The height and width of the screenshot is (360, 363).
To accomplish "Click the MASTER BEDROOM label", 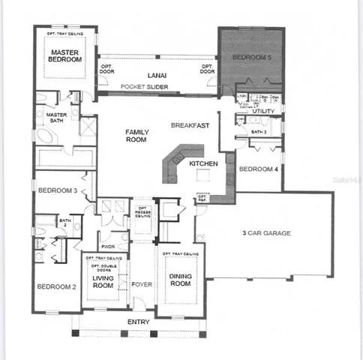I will [66, 55].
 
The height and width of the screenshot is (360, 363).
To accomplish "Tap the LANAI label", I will [156, 75].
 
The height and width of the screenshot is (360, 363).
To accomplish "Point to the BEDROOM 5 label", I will [249, 57].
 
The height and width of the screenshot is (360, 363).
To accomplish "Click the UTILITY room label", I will [263, 112].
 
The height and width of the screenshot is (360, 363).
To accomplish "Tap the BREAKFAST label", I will [188, 124].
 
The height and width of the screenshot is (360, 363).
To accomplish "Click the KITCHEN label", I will [203, 163].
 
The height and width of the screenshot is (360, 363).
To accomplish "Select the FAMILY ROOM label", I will [136, 136].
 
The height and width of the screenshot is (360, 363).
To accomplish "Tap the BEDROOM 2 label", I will [56, 286].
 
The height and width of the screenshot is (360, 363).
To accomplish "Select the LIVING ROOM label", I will [103, 281].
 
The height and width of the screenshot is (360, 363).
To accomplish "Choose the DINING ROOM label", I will [179, 281].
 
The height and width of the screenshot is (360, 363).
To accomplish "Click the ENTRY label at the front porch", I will [139, 322].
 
